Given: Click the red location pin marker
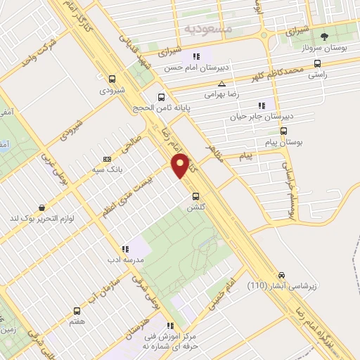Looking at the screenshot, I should pos(181,165).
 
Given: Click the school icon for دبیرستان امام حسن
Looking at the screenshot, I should pos(196,57).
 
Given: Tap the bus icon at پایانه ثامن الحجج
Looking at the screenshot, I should pos(161,98).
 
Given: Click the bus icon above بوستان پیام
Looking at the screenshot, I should pos(283,131).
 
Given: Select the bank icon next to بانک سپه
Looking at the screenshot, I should pos(106,159).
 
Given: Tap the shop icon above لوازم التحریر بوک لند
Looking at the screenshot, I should pos(43,208).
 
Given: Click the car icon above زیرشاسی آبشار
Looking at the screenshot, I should pos(282,275).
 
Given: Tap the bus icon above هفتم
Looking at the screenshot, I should pos(77,310).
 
